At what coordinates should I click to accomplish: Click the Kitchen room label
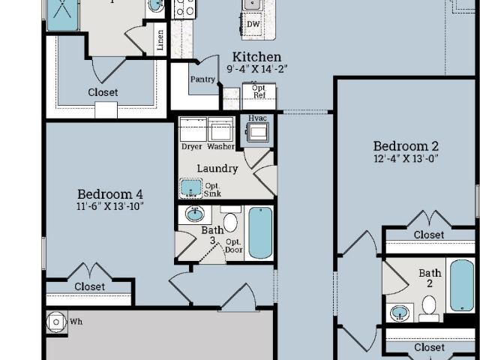[x=256, y=57]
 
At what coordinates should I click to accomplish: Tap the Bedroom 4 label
[x=110, y=194]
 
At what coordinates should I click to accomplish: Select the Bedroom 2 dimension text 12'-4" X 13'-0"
[x=406, y=158]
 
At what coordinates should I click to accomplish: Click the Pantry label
[x=202, y=79]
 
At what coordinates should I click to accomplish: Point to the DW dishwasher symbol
[x=253, y=24]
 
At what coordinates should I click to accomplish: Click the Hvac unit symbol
[x=257, y=132]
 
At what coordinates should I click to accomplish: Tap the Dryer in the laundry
[x=193, y=129]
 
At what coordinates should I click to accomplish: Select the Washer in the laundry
[x=220, y=129]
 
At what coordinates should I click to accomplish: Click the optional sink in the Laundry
[x=190, y=187]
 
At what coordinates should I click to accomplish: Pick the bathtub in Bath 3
[x=260, y=232]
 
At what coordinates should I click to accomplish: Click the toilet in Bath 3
[x=230, y=220]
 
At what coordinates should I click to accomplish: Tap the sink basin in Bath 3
[x=195, y=214]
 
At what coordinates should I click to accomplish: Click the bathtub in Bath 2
[x=462, y=285]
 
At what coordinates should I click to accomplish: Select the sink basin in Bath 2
[x=400, y=313]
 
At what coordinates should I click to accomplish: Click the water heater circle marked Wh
[x=56, y=322]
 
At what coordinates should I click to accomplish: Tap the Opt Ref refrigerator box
[x=259, y=96]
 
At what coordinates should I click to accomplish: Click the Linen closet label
[x=160, y=40]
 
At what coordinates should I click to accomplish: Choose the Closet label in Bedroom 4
[x=90, y=286]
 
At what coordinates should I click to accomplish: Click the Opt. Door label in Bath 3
[x=234, y=246]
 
